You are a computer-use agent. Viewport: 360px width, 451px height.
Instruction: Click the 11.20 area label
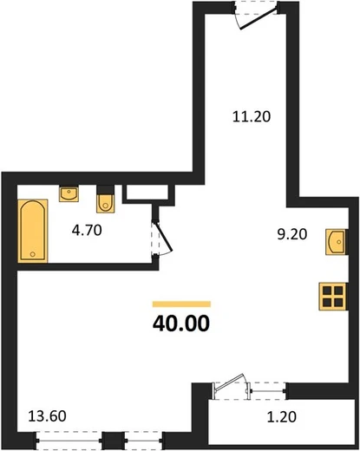click(x=252, y=116)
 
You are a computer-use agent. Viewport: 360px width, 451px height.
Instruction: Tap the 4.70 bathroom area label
click(x=87, y=231)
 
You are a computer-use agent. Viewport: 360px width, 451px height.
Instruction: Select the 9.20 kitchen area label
click(x=292, y=234)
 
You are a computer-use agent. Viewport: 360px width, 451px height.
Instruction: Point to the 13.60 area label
click(x=48, y=416)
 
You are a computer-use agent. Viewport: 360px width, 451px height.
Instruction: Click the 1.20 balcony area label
click(x=282, y=417)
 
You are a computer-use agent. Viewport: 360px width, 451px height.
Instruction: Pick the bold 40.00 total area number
click(x=181, y=324)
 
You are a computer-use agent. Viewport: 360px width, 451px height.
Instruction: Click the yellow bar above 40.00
click(x=181, y=304)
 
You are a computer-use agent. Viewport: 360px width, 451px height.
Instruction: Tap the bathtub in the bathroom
click(x=33, y=231)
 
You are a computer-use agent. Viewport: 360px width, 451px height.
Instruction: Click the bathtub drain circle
click(x=33, y=254)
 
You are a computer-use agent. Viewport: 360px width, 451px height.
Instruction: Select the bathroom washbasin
click(x=69, y=194)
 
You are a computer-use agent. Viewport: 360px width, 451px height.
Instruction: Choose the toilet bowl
click(x=106, y=203)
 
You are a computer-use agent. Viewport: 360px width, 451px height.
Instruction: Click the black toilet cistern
click(x=106, y=190)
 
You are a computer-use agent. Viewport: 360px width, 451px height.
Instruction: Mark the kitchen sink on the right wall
click(x=336, y=242)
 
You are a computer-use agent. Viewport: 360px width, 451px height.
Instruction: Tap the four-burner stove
click(x=332, y=297)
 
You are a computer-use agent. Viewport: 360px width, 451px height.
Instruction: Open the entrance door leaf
click(x=259, y=18)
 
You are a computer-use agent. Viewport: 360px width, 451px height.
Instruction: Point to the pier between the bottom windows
click(x=113, y=441)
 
